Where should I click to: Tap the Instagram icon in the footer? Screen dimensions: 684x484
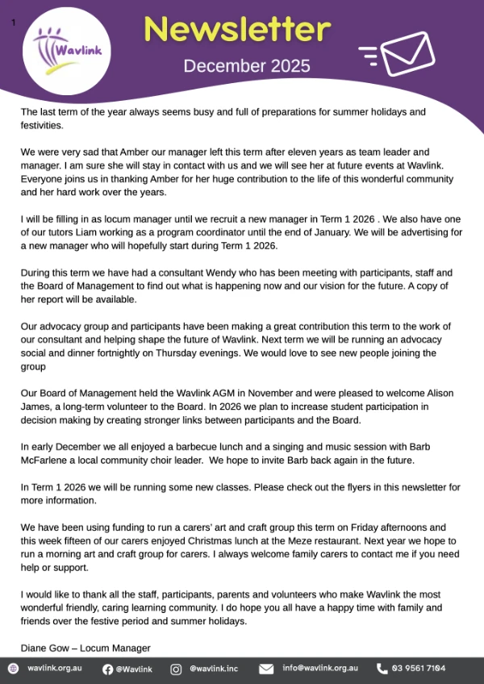(176, 669)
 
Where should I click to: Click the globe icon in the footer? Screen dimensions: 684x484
(13, 669)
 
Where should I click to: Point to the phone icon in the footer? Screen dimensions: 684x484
(382, 669)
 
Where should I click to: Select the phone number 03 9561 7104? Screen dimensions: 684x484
(420, 669)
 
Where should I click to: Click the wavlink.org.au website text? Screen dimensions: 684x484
(55, 669)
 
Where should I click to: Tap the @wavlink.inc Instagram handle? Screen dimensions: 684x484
(214, 669)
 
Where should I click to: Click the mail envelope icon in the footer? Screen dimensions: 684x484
(266, 669)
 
